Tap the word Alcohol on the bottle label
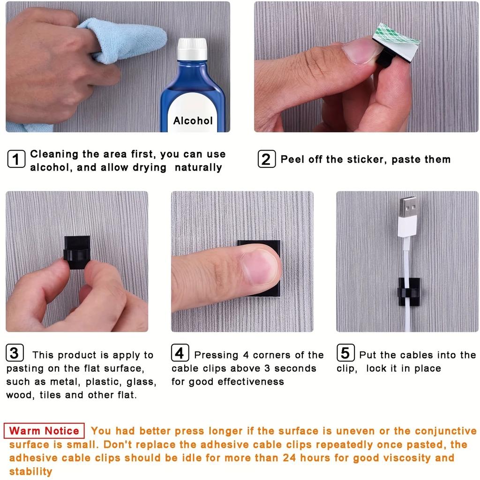click(x=193, y=121)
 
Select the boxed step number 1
click(x=16, y=159)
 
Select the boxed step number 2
click(x=266, y=159)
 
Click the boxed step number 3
click(x=15, y=353)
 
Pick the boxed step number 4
click(x=180, y=353)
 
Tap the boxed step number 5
click(x=345, y=353)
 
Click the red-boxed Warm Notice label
click(x=45, y=431)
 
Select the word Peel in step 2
click(x=292, y=159)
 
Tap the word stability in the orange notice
click(x=30, y=471)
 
